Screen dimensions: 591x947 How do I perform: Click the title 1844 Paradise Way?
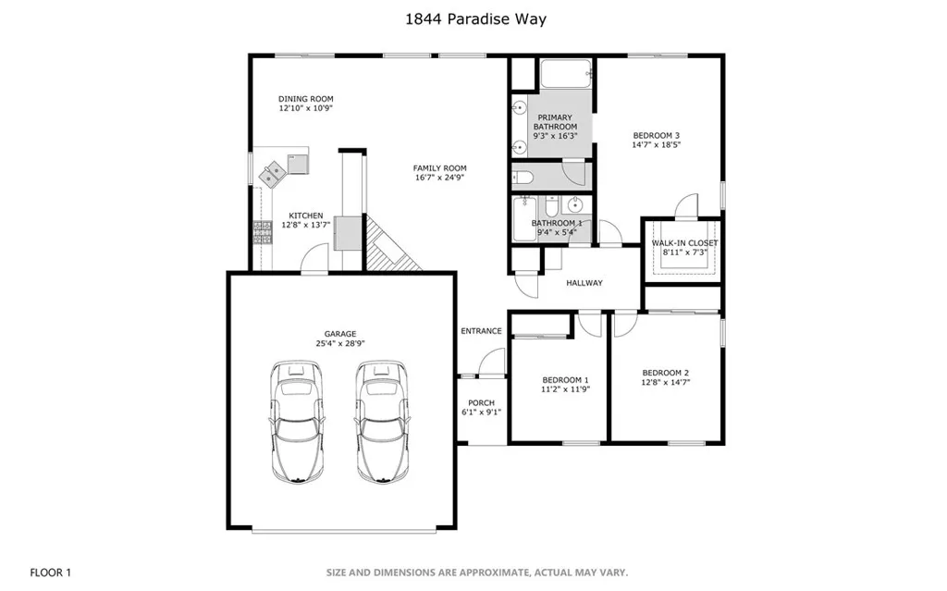coord(473,18)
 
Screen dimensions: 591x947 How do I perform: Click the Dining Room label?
coord(306,99)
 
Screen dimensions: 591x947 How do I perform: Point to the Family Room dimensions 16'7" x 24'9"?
coord(440,179)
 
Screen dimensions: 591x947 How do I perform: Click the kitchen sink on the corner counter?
coord(275,172)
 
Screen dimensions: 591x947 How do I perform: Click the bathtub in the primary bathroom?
coord(566,74)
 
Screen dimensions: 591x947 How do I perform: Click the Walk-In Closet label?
coord(684,243)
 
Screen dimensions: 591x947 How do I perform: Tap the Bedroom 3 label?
coord(656,135)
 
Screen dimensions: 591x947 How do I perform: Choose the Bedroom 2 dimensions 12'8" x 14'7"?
coord(666,383)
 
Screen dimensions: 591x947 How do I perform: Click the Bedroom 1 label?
coord(565,380)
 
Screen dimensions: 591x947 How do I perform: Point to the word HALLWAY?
coord(584,283)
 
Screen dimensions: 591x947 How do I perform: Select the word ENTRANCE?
coord(481,331)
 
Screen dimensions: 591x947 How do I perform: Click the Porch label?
coord(481,403)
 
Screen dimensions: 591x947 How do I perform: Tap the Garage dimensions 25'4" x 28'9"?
coord(339,344)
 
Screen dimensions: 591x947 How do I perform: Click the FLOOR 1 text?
coord(51,573)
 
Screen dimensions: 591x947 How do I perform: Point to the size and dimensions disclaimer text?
coord(476,573)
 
